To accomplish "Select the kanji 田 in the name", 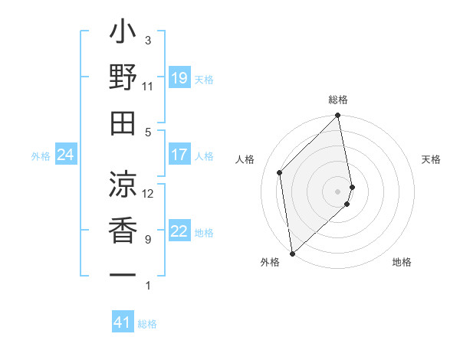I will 123,123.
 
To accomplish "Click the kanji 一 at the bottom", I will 123,273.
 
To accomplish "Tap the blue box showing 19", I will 179,78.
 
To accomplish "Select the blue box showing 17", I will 179,155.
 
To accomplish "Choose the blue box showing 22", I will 179,231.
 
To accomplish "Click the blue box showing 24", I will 66,155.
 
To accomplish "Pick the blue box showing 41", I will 123,322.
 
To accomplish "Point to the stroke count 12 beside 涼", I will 148,193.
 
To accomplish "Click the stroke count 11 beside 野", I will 148,86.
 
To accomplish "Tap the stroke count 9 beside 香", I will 148,240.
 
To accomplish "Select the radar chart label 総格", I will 338,100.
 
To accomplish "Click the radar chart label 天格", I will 432,159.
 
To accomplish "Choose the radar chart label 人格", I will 245,159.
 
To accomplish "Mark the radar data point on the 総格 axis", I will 338,116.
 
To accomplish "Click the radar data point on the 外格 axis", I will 292,253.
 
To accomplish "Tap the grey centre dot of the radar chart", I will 338,191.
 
